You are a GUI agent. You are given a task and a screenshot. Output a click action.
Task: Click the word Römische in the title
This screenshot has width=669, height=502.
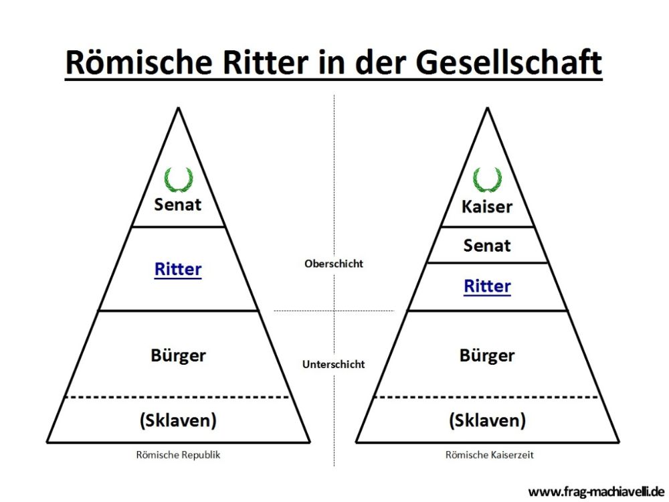point(138,62)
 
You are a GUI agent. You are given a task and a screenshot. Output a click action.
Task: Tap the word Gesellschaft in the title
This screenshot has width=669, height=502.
point(508,62)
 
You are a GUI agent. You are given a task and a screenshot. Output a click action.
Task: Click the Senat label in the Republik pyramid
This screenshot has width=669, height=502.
point(177,204)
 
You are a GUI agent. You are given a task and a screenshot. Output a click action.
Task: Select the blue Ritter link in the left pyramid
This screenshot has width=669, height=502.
point(178,269)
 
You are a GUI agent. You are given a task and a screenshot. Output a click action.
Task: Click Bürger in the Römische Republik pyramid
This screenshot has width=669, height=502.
point(179,355)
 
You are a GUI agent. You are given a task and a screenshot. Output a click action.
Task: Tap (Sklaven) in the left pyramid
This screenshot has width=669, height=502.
point(178,420)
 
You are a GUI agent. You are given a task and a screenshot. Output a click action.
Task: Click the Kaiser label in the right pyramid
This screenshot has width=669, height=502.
point(487,207)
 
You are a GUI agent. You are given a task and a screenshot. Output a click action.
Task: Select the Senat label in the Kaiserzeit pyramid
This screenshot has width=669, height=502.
point(487,246)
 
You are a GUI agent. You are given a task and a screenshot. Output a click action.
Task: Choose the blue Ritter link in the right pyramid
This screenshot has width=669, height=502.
point(487,286)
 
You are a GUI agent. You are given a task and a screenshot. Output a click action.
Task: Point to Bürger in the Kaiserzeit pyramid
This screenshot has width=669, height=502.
point(487,355)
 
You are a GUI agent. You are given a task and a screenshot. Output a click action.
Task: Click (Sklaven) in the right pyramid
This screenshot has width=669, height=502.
point(487,420)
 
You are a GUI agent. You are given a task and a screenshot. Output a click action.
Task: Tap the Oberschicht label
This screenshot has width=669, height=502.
point(334,264)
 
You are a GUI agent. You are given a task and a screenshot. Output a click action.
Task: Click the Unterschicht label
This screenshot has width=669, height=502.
point(334,364)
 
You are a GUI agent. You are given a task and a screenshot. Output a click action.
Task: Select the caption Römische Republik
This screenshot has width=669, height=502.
point(179,455)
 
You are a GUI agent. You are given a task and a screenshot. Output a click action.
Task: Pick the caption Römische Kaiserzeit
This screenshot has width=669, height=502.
point(490,455)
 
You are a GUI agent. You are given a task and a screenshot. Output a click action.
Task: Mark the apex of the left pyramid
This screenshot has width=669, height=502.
point(179,108)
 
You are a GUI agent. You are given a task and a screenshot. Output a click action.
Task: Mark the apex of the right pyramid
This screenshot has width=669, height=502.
point(487,108)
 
